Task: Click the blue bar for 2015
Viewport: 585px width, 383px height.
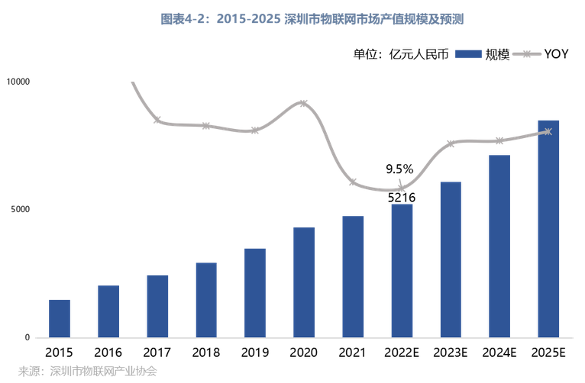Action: tap(60, 318)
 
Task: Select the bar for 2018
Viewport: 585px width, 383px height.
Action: tap(206, 300)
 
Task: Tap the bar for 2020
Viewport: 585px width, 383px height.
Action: tap(304, 282)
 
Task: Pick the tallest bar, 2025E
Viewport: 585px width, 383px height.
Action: tap(548, 229)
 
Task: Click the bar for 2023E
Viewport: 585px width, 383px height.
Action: tap(451, 259)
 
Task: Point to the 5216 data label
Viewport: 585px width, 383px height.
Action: tap(401, 198)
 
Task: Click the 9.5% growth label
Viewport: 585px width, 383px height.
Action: tap(399, 169)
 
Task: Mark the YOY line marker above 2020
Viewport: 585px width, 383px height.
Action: tap(304, 103)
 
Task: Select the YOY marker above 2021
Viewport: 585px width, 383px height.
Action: tap(353, 182)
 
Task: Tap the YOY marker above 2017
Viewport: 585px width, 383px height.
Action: tap(157, 121)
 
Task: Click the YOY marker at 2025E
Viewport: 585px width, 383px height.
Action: tap(548, 132)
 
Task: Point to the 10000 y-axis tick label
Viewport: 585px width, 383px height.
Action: tap(18, 82)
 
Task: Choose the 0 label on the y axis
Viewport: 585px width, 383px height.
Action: tap(27, 337)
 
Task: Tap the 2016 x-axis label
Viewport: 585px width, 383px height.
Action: tap(108, 352)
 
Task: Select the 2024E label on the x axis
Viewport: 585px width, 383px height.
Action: tap(499, 352)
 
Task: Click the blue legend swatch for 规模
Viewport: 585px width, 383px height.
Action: tap(467, 53)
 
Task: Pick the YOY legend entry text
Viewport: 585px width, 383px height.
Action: tap(556, 53)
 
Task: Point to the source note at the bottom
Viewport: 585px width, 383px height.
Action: tap(87, 372)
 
